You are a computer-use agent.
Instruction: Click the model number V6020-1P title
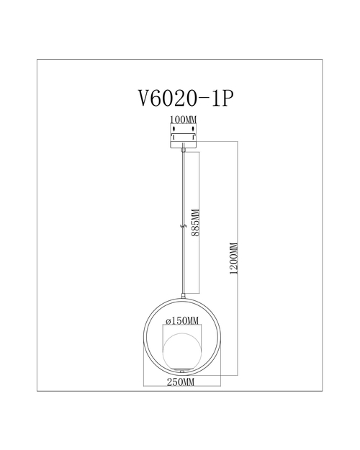pyautogui.click(x=186, y=98)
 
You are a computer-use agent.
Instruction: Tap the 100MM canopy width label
pyautogui.click(x=184, y=119)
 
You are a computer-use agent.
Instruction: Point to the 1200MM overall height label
pyautogui.click(x=234, y=258)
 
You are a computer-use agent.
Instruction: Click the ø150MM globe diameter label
pyautogui.click(x=182, y=320)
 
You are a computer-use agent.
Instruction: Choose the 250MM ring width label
pyautogui.click(x=181, y=382)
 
